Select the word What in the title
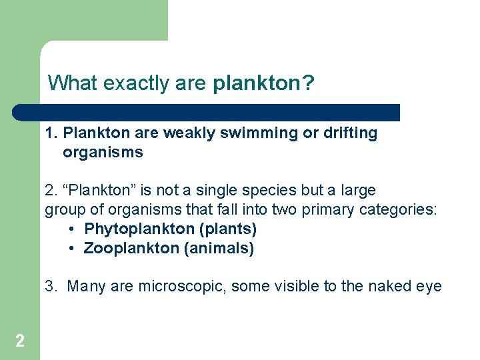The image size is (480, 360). click(72, 83)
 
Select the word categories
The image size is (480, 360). click(397, 210)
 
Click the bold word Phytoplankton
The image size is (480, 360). click(139, 229)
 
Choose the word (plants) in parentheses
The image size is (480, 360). click(228, 229)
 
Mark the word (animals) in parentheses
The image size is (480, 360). click(219, 249)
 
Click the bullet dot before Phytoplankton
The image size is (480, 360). click(72, 229)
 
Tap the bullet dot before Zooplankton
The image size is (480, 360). click(72, 249)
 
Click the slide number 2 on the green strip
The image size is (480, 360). click(20, 341)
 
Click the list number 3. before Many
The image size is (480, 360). click(51, 287)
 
